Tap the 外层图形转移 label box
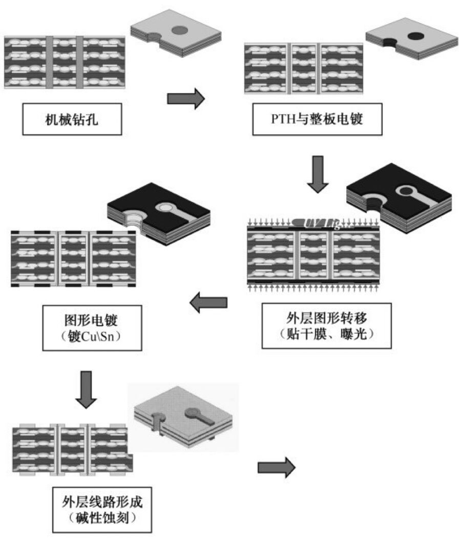click(326, 326)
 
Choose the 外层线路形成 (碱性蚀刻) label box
click(102, 509)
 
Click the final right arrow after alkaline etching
click(276, 466)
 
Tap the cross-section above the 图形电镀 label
click(74, 258)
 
